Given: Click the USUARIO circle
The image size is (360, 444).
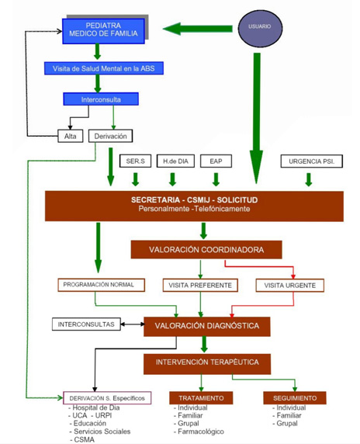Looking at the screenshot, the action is [260, 29].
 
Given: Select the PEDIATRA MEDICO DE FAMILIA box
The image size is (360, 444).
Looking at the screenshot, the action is [103, 31].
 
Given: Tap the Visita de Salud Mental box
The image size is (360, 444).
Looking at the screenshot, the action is [104, 68].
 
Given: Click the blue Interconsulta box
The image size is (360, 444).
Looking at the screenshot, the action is [101, 99].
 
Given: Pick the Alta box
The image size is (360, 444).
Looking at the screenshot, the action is [70, 136].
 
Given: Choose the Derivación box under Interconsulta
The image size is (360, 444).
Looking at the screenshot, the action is [110, 136].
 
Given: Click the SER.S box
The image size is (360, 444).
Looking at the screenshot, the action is [135, 161].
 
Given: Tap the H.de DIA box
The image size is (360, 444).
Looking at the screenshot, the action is [175, 161].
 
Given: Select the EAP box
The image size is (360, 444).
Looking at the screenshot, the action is [216, 161].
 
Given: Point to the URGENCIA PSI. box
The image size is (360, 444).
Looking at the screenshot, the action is [312, 161].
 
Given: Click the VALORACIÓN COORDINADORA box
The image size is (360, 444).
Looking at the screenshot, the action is [206, 250].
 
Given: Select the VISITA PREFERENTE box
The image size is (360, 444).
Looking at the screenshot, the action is [200, 285].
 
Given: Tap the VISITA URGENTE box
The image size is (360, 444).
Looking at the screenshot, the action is [290, 286].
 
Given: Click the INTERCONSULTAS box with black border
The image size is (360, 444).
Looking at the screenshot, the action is [86, 324].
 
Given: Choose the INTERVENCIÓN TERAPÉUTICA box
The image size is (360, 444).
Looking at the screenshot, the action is [207, 363].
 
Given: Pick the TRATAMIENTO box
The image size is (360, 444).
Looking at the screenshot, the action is [201, 398].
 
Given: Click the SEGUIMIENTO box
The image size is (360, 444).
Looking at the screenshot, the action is [295, 398].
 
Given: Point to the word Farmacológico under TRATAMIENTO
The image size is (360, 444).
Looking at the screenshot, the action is [201, 432].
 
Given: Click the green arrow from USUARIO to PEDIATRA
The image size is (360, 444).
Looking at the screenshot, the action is [198, 29].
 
